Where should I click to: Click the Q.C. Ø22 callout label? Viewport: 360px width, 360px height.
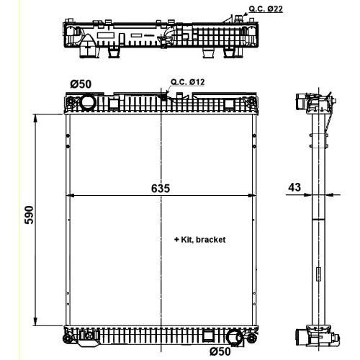pos(266,9)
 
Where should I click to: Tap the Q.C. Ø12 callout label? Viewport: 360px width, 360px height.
pos(188,82)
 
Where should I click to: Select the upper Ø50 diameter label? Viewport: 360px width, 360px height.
pos(81,84)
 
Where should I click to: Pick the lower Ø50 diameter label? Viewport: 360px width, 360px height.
pos(220,352)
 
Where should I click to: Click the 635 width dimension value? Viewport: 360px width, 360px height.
pos(161,189)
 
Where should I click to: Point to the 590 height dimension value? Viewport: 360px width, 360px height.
pos(30,215)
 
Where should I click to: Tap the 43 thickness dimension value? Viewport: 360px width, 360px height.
pos(294,187)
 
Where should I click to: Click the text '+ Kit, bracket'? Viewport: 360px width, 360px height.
pos(199,240)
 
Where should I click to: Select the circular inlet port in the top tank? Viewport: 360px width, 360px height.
pos(88,102)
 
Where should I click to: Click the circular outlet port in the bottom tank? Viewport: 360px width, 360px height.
pos(235,337)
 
